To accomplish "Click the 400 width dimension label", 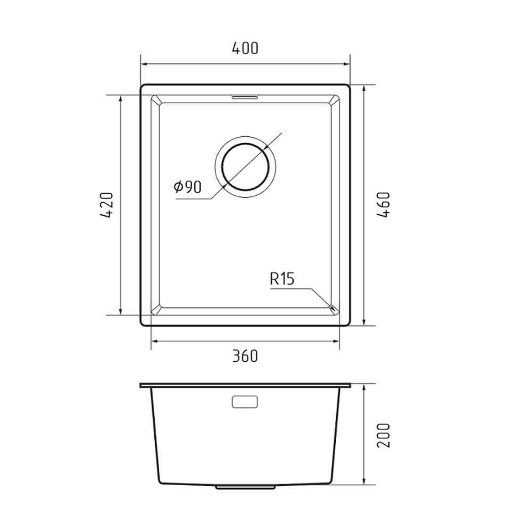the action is point(245,48).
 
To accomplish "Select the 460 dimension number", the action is point(384,205).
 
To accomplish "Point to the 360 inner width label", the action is point(245,356).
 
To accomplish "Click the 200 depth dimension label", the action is point(384,436).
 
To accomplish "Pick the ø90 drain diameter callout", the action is point(188,187).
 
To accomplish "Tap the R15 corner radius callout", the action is point(281,279).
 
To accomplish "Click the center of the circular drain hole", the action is point(245,166).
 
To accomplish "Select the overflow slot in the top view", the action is point(245,98).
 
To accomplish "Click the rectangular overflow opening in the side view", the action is point(245,402).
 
